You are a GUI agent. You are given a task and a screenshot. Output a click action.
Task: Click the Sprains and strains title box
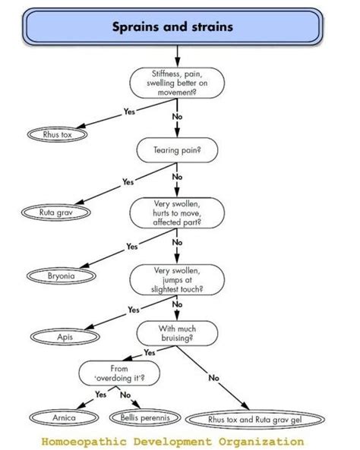pos(172,27)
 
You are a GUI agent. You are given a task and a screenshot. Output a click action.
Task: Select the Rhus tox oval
pos(57,134)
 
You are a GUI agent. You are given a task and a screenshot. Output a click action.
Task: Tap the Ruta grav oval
pos(56,212)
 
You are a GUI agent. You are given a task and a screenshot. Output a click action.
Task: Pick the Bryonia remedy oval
pos(62,276)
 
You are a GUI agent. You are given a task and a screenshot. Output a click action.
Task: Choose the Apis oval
pos(65,337)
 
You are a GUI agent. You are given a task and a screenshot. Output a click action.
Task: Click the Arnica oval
pos(64,417)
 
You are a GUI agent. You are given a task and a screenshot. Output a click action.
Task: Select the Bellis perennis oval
pos(145,417)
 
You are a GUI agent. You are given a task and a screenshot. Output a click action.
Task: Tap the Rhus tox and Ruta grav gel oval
pos(255,420)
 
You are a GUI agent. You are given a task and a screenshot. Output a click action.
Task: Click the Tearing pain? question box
pos(177,150)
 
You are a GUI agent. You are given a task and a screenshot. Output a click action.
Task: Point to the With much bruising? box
pos(177,333)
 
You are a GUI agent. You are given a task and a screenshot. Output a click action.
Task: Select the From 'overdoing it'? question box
pos(119,373)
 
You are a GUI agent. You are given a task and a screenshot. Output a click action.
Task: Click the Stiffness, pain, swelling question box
pos(177,83)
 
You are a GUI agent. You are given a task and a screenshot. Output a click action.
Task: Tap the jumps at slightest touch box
pos(177,280)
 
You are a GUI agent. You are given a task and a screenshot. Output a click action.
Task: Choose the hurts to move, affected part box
pos(177,213)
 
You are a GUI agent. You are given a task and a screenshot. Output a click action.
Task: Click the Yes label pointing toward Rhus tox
pos(129,112)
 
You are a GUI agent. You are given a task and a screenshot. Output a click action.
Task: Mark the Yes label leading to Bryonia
pos(132,247)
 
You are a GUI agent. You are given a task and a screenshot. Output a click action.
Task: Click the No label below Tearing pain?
pos(177,177)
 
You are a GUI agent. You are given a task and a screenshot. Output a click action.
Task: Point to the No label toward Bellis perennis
pos(125,395)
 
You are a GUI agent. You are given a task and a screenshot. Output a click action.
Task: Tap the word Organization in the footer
pos(261,441)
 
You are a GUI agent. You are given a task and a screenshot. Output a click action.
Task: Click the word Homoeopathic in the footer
pos(84,442)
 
